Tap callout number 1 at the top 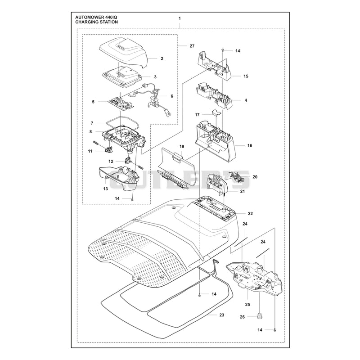(180, 18)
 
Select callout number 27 (192, 46)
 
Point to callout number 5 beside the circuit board (93, 102)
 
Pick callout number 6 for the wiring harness (172, 96)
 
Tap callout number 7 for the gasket (92, 123)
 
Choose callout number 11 (90, 151)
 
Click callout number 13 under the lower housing (105, 189)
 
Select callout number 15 (246, 76)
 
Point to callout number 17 (197, 114)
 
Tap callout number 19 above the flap (182, 147)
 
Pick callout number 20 (255, 177)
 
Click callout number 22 (250, 213)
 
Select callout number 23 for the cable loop (221, 315)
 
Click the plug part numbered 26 (260, 316)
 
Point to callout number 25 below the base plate (247, 305)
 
